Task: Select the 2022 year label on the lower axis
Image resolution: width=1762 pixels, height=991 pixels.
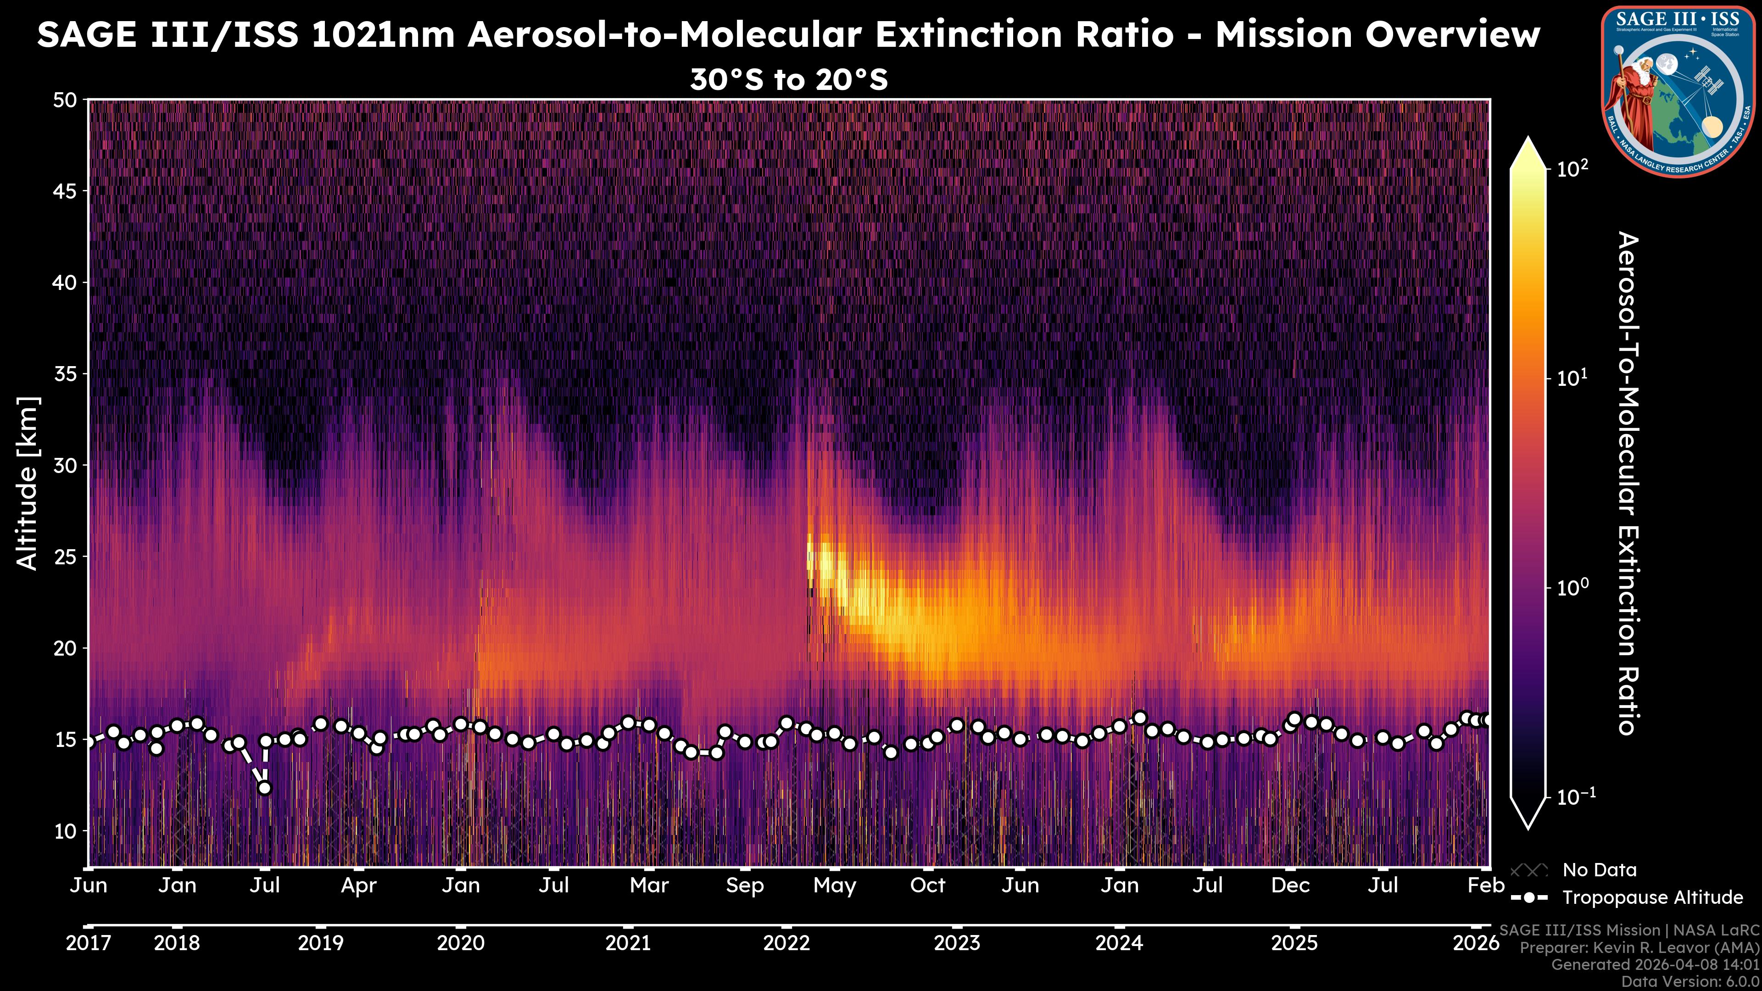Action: (786, 943)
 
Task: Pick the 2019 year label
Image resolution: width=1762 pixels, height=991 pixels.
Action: (321, 943)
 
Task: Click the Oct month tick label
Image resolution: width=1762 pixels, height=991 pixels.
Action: (927, 885)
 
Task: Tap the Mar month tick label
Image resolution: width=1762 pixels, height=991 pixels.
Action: (648, 885)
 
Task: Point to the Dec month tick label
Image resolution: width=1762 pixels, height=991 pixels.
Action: (1290, 885)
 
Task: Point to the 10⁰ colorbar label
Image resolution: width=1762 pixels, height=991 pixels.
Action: (1572, 587)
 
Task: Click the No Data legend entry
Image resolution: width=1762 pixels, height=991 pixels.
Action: (1599, 870)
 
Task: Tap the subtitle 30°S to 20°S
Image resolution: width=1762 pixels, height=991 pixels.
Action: (789, 80)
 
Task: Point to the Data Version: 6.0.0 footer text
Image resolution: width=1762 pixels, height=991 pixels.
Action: (1690, 981)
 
